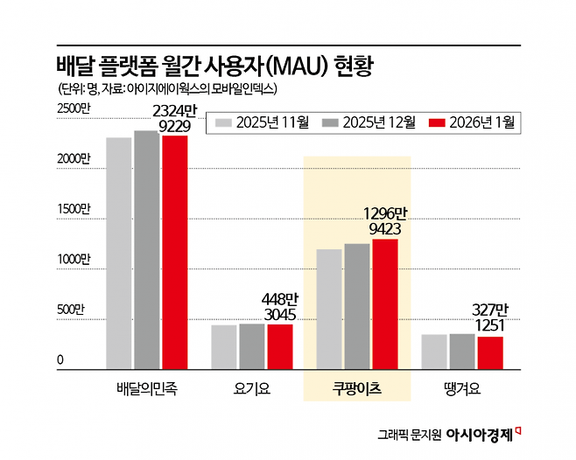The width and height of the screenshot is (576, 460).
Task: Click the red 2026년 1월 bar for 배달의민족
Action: pos(175,252)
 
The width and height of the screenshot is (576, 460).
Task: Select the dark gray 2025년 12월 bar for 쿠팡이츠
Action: pos(357,306)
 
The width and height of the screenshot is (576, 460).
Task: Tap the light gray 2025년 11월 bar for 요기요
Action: pos(224,347)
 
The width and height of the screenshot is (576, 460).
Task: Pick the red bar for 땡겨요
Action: pos(490,352)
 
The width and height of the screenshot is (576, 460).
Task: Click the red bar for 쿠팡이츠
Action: pos(385,304)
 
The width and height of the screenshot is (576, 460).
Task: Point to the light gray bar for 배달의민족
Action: pos(119,254)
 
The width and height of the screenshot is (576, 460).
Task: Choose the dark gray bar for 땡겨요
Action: pos(462,352)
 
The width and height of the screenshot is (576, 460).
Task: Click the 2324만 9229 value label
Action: pos(175,118)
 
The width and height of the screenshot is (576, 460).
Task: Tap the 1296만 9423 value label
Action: pos(385,221)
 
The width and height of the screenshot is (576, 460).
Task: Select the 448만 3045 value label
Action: pos(280,307)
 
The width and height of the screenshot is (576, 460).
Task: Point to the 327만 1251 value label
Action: pos(490,318)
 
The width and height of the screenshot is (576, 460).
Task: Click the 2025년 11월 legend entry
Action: pos(263,122)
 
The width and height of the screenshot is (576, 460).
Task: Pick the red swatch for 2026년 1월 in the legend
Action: pos(437,122)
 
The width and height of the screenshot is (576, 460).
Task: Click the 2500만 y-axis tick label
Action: pos(74,108)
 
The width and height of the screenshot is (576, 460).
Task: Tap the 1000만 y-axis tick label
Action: pos(74,259)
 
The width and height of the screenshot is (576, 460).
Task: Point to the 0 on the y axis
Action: pos(60,359)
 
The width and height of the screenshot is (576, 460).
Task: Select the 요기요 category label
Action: pos(252,388)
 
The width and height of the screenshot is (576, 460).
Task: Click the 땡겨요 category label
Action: pos(462,388)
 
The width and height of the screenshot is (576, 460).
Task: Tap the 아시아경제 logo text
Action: pos(479,435)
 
